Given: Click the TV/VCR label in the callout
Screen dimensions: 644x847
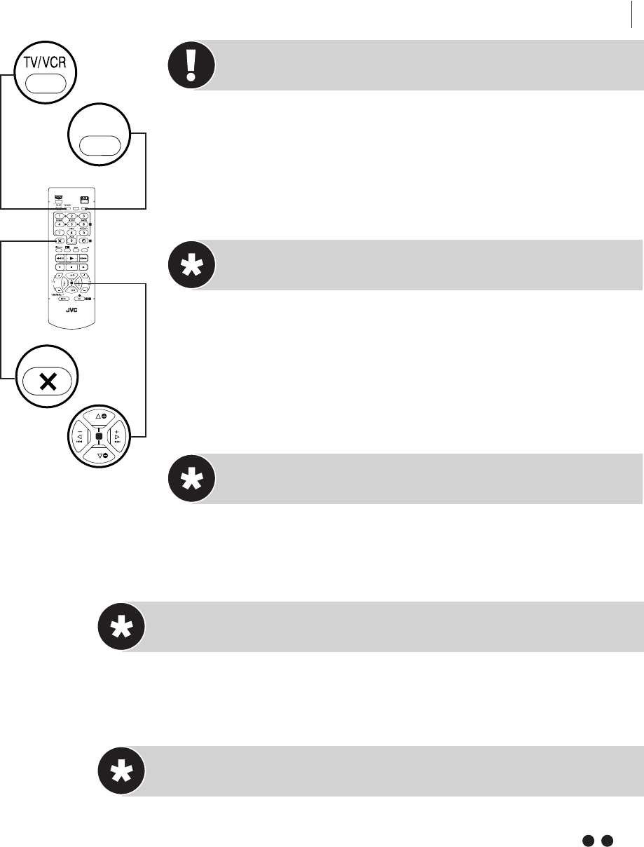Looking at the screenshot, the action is point(45,61).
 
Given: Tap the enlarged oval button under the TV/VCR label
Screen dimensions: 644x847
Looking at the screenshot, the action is point(45,83).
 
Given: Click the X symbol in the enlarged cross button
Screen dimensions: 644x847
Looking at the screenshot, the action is point(48,381).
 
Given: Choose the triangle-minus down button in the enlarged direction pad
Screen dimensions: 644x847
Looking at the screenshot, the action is point(100,456).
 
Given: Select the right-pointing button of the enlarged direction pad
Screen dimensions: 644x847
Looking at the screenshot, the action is point(119,437).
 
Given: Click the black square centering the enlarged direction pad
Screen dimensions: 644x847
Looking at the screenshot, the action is point(100,436).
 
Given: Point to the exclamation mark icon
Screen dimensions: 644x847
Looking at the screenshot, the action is point(191,65).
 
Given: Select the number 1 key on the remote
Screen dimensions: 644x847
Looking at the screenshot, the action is point(59,215).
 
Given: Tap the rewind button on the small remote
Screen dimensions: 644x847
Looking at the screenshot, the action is point(59,258).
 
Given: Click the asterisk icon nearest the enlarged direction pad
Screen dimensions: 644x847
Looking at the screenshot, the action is point(191,478).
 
